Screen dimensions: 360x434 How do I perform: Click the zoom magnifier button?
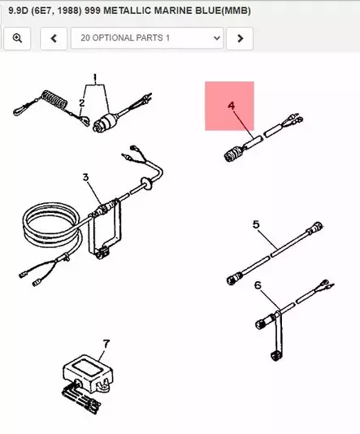[x=17, y=38]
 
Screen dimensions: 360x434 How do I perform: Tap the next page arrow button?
[x=240, y=38]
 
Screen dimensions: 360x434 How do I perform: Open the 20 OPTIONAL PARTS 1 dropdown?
[x=147, y=38]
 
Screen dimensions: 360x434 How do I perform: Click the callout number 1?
[x=95, y=79]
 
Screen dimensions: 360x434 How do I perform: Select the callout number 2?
[x=81, y=103]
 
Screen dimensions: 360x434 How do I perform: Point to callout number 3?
[x=85, y=177]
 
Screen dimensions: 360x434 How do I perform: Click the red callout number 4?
[x=232, y=106]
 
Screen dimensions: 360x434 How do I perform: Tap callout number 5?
[x=256, y=224]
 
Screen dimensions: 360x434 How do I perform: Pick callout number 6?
[x=258, y=285]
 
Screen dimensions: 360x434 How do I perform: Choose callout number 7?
[x=106, y=344]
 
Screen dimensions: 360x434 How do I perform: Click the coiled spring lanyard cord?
[x=54, y=99]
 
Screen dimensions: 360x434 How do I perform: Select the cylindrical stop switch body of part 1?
[x=105, y=123]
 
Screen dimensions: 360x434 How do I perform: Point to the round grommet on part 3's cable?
[x=146, y=183]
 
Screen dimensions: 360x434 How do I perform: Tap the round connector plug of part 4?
[x=232, y=154]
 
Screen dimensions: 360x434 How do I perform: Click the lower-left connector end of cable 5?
[x=234, y=278]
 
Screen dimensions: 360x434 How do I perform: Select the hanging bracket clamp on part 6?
[x=277, y=336]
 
